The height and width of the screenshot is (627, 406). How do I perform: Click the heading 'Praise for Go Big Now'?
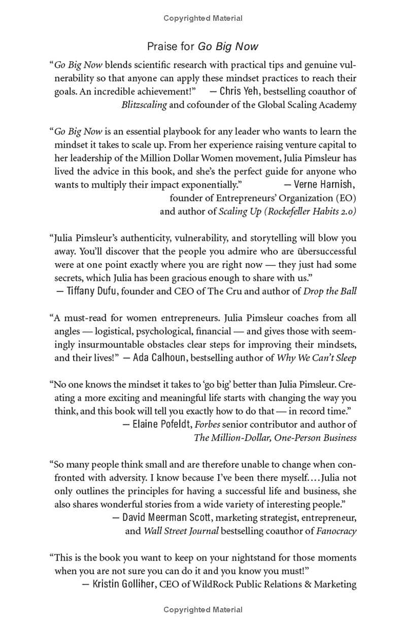202,47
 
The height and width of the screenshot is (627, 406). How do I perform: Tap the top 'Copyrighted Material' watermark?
203,18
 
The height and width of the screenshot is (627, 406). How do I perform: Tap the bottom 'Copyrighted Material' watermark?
203,609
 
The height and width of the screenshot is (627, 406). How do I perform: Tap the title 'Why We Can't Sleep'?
316,358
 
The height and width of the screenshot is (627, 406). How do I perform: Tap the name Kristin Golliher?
124,584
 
